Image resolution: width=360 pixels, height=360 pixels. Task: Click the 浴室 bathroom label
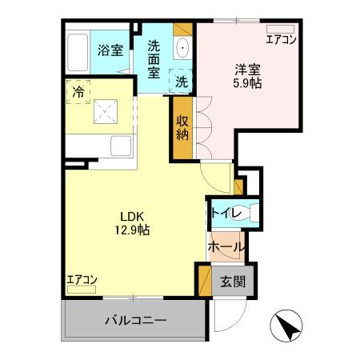[x=110, y=50]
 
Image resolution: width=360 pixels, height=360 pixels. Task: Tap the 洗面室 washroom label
[x=154, y=57]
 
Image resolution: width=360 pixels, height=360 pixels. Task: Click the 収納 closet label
[x=182, y=128]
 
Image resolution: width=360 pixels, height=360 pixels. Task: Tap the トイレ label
[x=223, y=213]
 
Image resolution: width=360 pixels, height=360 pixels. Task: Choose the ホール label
[x=225, y=247]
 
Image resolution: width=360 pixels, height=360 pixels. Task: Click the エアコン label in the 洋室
[x=281, y=39]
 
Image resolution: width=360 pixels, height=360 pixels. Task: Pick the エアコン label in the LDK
[x=82, y=280]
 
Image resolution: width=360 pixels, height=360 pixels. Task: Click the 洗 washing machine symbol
[x=182, y=81]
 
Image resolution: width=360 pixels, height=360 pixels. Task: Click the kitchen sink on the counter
[x=122, y=146]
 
